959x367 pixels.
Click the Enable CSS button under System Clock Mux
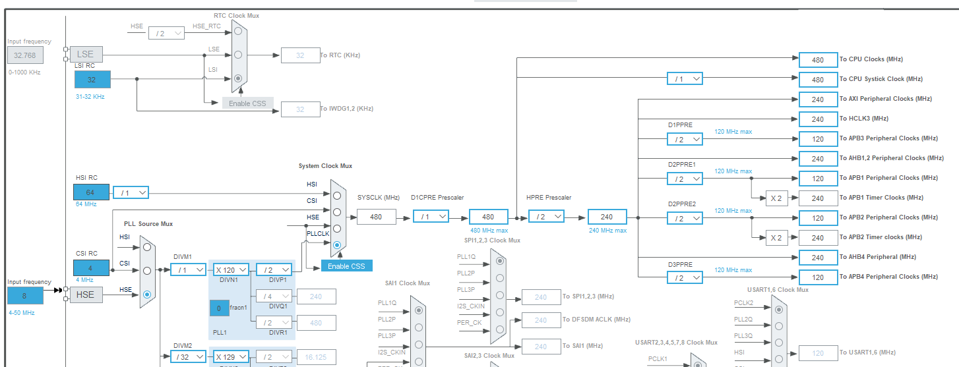tap(347, 266)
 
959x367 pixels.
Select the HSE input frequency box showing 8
tap(25, 296)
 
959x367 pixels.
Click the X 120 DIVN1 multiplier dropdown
tap(231, 269)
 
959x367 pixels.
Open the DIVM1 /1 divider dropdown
tap(188, 269)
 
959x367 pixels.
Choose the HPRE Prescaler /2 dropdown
tap(546, 216)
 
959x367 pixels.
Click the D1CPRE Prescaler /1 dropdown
tap(431, 216)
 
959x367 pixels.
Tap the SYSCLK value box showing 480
tap(376, 217)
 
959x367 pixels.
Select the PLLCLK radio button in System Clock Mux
tap(337, 245)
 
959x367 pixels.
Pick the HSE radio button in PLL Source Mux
tap(147, 294)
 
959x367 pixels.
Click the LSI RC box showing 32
tap(92, 80)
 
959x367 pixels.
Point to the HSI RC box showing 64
tap(92, 192)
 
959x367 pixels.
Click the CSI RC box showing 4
tap(92, 268)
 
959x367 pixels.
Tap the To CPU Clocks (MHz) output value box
tap(818, 60)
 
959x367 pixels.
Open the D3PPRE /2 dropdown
tap(685, 277)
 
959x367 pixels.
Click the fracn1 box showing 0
tap(219, 308)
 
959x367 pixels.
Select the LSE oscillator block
tap(86, 54)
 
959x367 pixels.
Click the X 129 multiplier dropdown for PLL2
tap(231, 356)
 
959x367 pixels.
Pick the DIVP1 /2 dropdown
tap(274, 269)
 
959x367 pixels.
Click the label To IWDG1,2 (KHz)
tap(347, 109)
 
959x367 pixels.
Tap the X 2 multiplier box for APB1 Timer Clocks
tap(776, 198)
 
